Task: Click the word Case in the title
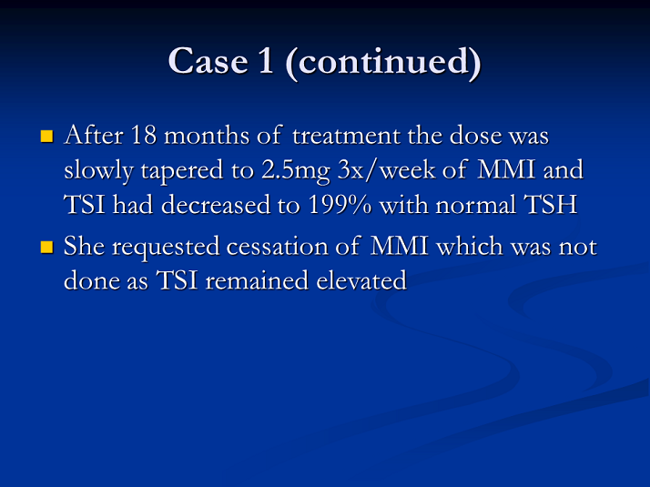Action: (x=208, y=61)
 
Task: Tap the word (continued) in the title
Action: (x=383, y=62)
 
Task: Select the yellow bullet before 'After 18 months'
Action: (x=46, y=137)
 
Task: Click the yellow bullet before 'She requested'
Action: (x=46, y=247)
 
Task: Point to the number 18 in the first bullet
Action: (x=144, y=135)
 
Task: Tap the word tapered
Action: (x=182, y=171)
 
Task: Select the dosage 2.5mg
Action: (x=296, y=171)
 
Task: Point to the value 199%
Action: (x=340, y=205)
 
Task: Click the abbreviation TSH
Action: (x=551, y=205)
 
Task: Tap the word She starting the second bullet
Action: (x=84, y=246)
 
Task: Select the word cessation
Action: (x=278, y=247)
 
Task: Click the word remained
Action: (x=258, y=280)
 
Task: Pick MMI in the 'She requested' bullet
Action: (x=399, y=246)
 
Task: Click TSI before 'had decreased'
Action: (x=84, y=205)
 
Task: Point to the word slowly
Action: (x=98, y=171)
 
